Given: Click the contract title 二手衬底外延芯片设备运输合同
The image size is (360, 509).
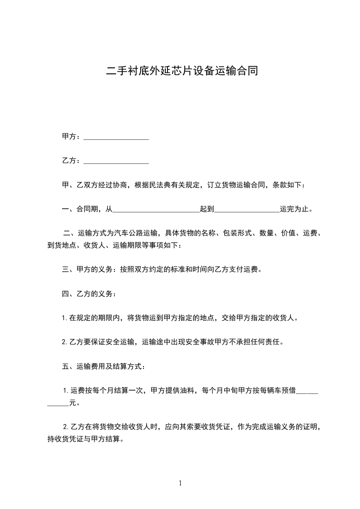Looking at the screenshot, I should tap(182, 72).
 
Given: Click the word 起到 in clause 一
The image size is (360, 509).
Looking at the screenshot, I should tap(207, 210).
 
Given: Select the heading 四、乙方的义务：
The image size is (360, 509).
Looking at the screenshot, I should tap(89, 294).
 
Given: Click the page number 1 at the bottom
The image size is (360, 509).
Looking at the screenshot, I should tap(180, 483).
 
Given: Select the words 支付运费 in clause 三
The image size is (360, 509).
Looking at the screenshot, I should tap(244, 270).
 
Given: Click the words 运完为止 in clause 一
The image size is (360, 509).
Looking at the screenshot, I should tap(295, 210).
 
